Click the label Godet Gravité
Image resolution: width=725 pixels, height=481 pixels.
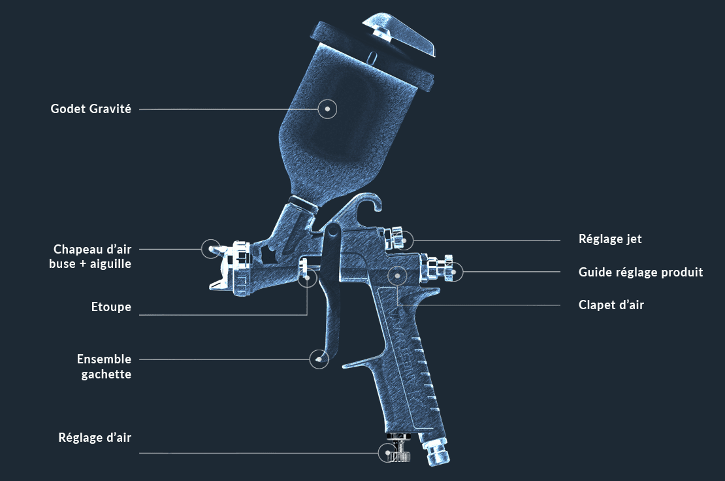point(91,109)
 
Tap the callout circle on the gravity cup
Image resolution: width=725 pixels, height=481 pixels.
point(327,109)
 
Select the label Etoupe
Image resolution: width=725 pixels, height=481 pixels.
point(111,307)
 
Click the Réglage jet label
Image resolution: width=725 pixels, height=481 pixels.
point(610,239)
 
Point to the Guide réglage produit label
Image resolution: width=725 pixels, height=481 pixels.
point(640,272)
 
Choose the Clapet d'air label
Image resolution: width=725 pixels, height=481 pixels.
point(611,305)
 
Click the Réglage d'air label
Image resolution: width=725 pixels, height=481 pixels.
point(95,437)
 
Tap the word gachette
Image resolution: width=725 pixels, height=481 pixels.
point(106,374)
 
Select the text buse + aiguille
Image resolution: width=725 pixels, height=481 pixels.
point(90,263)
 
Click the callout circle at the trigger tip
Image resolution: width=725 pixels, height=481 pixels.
point(319,359)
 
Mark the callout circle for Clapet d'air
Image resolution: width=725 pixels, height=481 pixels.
point(398,276)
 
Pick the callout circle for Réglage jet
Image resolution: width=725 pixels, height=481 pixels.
point(404,241)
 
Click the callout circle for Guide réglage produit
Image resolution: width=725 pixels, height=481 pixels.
point(453,272)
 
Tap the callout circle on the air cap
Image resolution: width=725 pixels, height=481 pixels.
point(211,249)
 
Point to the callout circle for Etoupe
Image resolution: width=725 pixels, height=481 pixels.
point(308,278)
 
